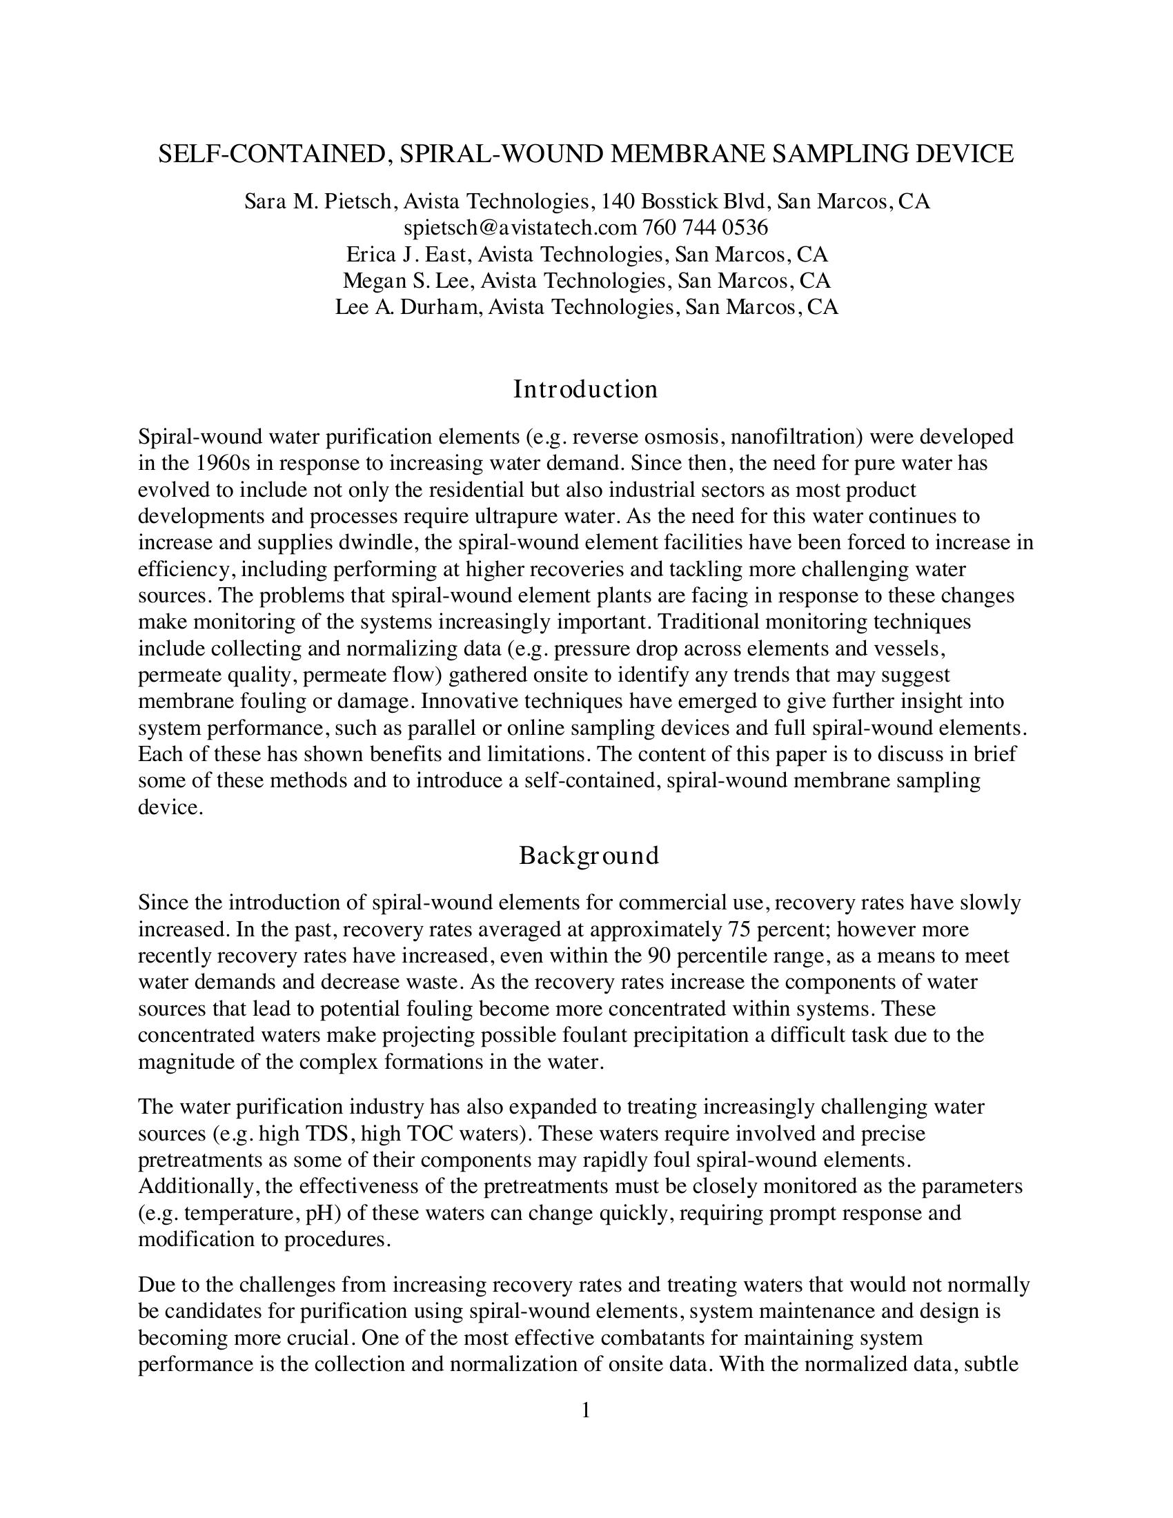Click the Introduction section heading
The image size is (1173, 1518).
click(585, 389)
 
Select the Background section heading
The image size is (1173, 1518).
click(589, 855)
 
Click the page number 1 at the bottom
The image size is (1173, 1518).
click(586, 1410)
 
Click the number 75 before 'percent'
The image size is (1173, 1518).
click(740, 929)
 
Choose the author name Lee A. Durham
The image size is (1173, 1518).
click(408, 307)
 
